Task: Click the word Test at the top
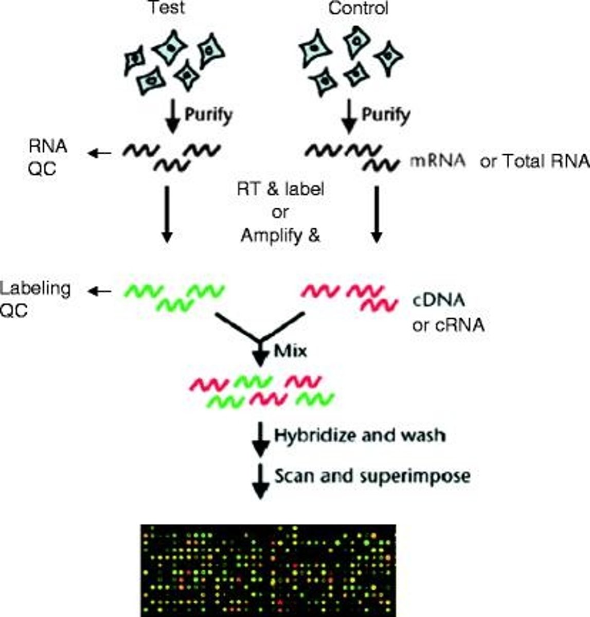pos(166,8)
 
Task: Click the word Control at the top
pos(359,8)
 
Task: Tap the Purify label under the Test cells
pos(208,114)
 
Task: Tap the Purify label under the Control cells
pos(386,114)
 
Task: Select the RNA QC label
pos(48,157)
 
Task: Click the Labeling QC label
pos(35,299)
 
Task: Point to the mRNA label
pos(438,161)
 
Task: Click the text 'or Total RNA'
pos(534,161)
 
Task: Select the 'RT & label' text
pos(280,189)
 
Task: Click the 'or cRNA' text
pos(448,325)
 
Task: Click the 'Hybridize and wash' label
pos(360,435)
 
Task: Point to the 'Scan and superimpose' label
pos(372,476)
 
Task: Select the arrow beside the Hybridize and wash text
pos(261,440)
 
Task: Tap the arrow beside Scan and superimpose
pos(261,481)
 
